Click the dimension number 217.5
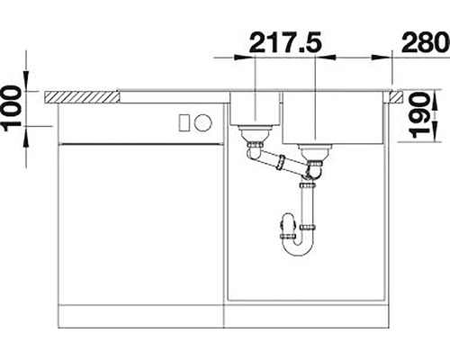point(285,42)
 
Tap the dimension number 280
point(426,42)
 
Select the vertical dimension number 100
point(13,109)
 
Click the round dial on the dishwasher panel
point(203,122)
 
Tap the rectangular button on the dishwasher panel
point(184,122)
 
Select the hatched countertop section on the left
point(81,97)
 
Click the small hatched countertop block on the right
point(396,97)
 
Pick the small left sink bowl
point(255,109)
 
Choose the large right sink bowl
point(333,118)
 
